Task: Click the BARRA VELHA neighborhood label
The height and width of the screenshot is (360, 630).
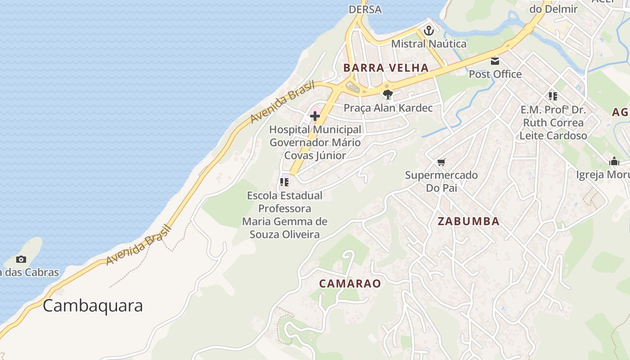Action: pyautogui.click(x=386, y=68)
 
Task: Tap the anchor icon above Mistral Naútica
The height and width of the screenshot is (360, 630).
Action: pyautogui.click(x=429, y=31)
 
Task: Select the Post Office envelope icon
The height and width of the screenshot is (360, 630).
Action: pyautogui.click(x=495, y=61)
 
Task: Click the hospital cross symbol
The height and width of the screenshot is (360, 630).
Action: pyautogui.click(x=315, y=116)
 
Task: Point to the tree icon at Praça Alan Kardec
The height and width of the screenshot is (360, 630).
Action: pyautogui.click(x=387, y=94)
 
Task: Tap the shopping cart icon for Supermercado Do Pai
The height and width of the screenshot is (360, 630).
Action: pyautogui.click(x=441, y=162)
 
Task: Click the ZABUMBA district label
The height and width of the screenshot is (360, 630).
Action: pyautogui.click(x=468, y=221)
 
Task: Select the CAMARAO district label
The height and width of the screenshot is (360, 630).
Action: pyautogui.click(x=350, y=283)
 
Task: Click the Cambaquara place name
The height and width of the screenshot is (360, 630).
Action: pyautogui.click(x=93, y=306)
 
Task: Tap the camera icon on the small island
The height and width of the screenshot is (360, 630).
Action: pyautogui.click(x=21, y=259)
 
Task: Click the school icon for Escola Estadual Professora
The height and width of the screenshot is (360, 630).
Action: pyautogui.click(x=284, y=182)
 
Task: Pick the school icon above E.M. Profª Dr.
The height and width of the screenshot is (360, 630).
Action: pyautogui.click(x=553, y=96)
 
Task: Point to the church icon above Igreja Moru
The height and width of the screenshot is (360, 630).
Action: pyautogui.click(x=614, y=162)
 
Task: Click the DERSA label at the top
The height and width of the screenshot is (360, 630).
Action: pyautogui.click(x=365, y=9)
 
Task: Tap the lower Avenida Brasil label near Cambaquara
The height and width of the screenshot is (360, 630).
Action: pyautogui.click(x=139, y=245)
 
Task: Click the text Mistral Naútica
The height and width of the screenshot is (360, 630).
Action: pyautogui.click(x=428, y=44)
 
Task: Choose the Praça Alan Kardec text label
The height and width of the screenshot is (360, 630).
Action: pyautogui.click(x=388, y=108)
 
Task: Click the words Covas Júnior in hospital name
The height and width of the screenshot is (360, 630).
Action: pyautogui.click(x=315, y=156)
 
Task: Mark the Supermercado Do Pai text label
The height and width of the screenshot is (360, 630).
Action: pyautogui.click(x=441, y=181)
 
